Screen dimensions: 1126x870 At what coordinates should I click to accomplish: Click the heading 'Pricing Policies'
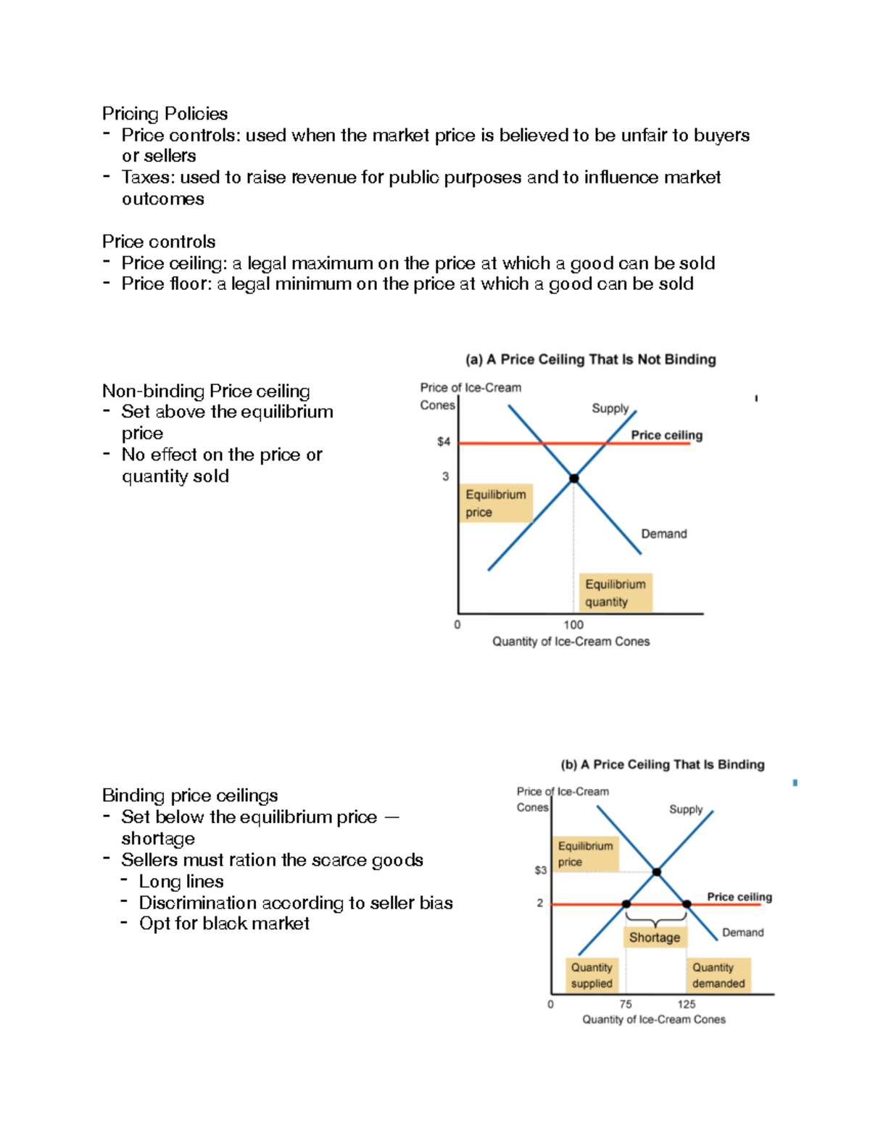point(165,114)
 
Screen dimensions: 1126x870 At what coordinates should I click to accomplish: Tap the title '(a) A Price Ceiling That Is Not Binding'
point(590,360)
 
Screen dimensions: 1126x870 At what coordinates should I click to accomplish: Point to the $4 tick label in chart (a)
point(443,442)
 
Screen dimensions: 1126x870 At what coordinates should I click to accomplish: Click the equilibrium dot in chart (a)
point(574,479)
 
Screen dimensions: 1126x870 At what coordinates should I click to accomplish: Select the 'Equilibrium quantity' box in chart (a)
point(615,593)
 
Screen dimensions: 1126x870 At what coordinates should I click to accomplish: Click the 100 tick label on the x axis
point(573,625)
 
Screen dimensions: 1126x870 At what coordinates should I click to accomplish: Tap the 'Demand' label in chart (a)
point(663,534)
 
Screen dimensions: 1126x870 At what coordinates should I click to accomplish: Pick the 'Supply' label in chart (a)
point(610,408)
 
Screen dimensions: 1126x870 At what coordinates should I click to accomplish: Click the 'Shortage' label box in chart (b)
point(655,937)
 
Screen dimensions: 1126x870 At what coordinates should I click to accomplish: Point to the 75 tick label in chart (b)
point(626,1004)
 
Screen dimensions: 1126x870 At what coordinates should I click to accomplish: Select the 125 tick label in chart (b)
point(687,1004)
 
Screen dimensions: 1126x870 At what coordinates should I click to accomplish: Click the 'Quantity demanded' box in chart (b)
point(718,975)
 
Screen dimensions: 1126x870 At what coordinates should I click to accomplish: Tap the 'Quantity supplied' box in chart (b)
point(592,975)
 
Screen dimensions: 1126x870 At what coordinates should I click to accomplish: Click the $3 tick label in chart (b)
point(540,870)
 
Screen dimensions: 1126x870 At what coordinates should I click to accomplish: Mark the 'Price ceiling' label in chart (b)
point(739,897)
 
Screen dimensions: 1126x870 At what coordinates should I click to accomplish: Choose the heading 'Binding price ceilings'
point(190,795)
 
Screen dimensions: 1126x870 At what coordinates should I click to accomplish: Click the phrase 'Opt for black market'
point(224,924)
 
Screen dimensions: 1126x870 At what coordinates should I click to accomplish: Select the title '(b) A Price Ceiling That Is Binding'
point(662,764)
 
